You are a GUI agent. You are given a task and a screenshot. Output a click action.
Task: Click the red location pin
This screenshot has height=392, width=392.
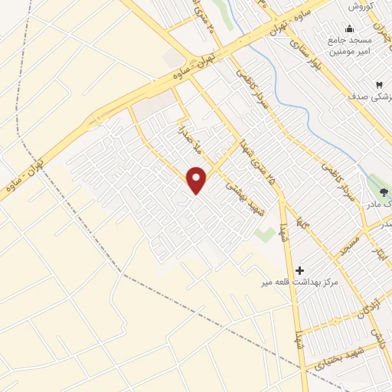197,181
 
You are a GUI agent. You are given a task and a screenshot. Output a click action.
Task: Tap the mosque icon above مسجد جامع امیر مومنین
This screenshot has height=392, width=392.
349,29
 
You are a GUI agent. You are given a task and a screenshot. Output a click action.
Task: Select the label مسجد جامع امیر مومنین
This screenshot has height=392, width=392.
350,45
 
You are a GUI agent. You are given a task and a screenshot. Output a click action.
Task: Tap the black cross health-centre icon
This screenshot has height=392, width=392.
299,270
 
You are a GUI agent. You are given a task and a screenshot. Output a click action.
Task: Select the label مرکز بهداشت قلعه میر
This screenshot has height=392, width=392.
299,283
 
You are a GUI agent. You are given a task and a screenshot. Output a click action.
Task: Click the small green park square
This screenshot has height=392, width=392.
265,234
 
